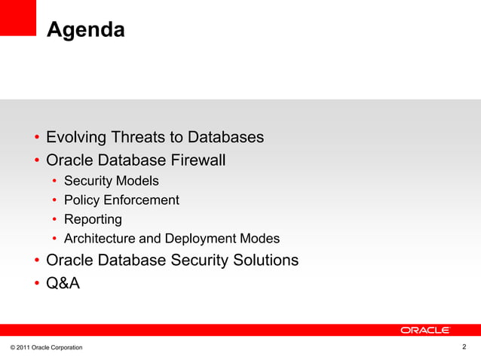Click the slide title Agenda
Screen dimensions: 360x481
pyautogui.click(x=85, y=30)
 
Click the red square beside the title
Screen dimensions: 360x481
pyautogui.click(x=18, y=17)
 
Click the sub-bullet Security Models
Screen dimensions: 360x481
pyautogui.click(x=112, y=181)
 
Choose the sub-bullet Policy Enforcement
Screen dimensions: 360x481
pyautogui.click(x=121, y=200)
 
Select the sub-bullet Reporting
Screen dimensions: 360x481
pyautogui.click(x=93, y=219)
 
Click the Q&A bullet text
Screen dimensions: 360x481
pyautogui.click(x=63, y=284)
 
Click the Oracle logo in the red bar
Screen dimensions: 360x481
pyautogui.click(x=425, y=330)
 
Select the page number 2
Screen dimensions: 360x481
pyautogui.click(x=464, y=346)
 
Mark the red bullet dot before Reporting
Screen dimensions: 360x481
pyautogui.click(x=55, y=220)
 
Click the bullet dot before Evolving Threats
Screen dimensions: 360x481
pyautogui.click(x=36, y=139)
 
